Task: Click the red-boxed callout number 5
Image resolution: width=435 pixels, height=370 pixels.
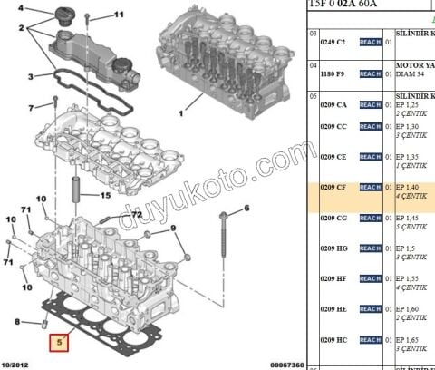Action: click(x=61, y=343)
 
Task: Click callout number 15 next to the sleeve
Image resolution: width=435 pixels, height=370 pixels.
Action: click(x=105, y=195)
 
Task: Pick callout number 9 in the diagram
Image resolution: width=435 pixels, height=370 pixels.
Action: click(x=173, y=229)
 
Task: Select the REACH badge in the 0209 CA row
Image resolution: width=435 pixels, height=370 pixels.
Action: click(x=370, y=105)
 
